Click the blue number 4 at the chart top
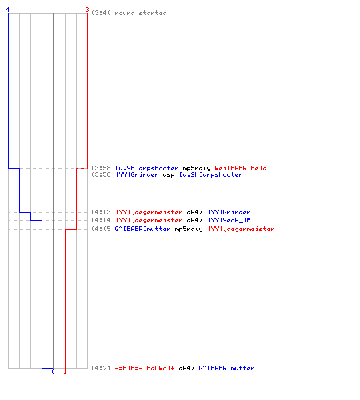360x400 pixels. click(x=8, y=10)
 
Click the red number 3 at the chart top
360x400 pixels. click(x=86, y=10)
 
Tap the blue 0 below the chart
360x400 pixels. click(x=53, y=371)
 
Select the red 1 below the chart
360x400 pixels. click(x=65, y=371)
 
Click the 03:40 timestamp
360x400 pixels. click(x=101, y=13)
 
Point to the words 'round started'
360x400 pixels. click(x=141, y=13)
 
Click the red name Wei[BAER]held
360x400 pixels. click(x=241, y=168)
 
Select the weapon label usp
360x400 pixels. click(x=169, y=175)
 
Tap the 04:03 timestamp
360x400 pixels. click(x=101, y=212)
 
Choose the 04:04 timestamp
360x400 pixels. click(x=101, y=220)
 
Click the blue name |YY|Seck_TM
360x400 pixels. click(x=230, y=220)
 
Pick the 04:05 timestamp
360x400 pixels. click(x=101, y=229)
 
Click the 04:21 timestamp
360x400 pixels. click(x=101, y=368)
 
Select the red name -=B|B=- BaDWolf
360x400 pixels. click(x=145, y=368)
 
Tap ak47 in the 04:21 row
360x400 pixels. click(x=186, y=368)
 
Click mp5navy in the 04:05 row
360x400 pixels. click(x=189, y=230)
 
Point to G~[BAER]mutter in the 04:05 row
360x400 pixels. click(x=142, y=229)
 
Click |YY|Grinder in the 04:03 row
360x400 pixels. click(x=230, y=212)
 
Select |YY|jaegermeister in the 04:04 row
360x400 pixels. click(x=150, y=220)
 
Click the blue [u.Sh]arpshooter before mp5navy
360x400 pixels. click(x=147, y=168)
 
